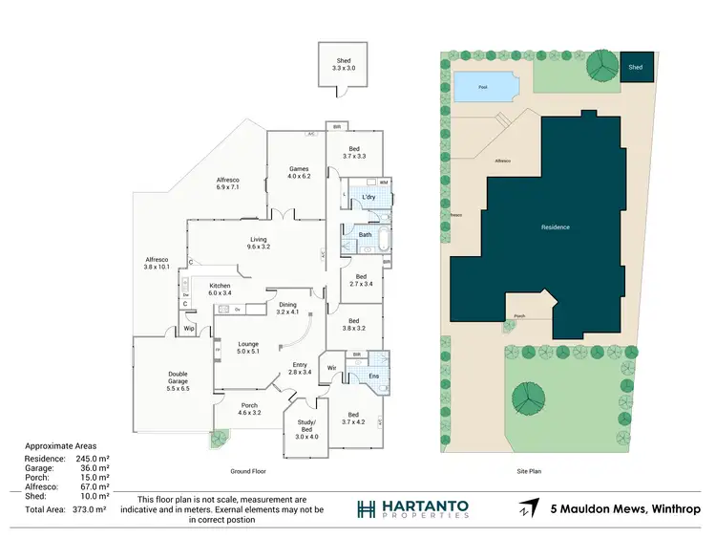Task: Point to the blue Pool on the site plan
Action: [484, 88]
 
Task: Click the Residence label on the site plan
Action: [556, 227]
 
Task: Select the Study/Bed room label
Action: [307, 432]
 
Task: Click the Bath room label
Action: [365, 234]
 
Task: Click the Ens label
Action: [375, 377]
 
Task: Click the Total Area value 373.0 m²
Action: [94, 512]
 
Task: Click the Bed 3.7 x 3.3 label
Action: [353, 153]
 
